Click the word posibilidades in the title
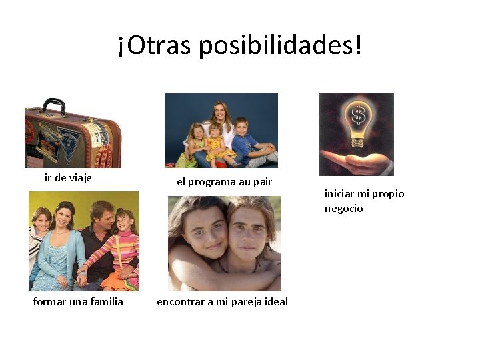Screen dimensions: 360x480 [281, 45]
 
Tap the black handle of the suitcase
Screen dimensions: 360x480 [53, 105]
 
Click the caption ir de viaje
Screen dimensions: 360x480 [68, 177]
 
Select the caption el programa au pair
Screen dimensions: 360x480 [224, 181]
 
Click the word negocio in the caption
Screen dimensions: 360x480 [343, 208]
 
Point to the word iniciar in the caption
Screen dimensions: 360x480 [339, 194]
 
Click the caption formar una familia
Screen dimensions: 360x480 [78, 301]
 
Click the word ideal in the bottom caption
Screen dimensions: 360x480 [275, 301]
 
